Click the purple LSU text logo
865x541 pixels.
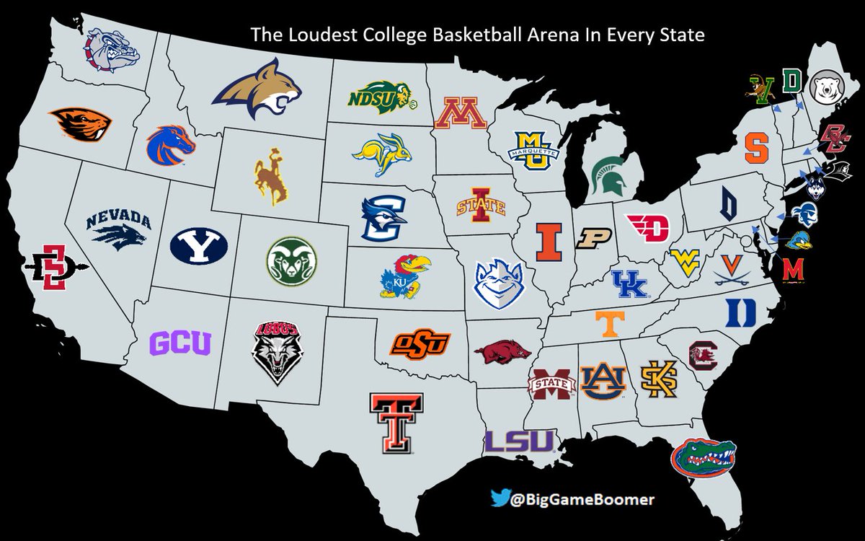click(519, 441)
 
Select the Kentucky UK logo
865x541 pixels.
click(631, 283)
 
